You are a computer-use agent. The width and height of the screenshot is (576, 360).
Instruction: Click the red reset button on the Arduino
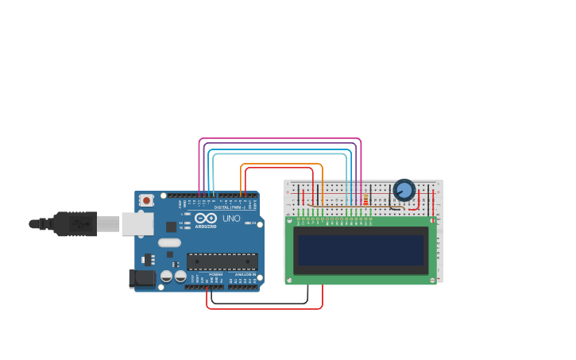(146, 201)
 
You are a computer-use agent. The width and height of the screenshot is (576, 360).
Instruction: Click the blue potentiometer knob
(404, 190)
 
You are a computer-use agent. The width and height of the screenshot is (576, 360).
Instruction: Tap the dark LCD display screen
(361, 250)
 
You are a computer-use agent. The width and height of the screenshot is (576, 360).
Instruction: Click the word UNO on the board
(231, 219)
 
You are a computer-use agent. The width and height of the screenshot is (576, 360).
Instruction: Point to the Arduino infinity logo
(205, 219)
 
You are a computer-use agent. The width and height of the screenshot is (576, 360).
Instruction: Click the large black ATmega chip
(222, 261)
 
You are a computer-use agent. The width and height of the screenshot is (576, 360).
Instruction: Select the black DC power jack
(141, 277)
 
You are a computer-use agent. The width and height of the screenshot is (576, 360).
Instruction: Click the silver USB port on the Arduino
(137, 224)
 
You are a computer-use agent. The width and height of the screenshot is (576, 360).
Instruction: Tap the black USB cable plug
(75, 224)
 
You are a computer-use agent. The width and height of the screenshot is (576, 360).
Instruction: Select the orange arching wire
(282, 165)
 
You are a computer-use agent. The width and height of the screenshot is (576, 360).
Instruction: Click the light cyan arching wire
(278, 154)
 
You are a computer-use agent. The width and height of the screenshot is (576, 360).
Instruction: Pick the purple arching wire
(278, 144)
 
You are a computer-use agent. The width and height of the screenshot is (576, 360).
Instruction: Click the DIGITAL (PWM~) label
(229, 207)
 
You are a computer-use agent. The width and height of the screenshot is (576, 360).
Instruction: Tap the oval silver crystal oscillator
(169, 243)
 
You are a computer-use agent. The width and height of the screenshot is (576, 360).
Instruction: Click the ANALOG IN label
(244, 274)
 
